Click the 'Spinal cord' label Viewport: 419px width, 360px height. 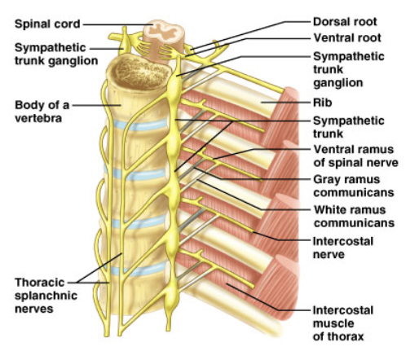[47, 24]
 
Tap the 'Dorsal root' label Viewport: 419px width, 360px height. [345, 22]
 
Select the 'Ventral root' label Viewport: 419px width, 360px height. [347, 37]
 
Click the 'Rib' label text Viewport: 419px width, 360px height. [322, 103]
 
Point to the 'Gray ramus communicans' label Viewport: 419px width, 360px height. [354, 186]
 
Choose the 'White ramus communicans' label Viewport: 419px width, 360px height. [354, 217]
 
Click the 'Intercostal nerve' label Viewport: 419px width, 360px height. [343, 248]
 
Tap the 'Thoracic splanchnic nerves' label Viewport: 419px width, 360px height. [46, 296]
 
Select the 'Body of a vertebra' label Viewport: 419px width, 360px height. [42, 112]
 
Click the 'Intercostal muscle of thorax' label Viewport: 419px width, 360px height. [343, 323]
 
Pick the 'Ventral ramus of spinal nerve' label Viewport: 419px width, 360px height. [355, 156]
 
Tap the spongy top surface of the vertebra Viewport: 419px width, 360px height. [139, 72]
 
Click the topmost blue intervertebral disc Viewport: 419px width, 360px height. [140, 125]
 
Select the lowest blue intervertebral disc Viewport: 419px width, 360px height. [136, 270]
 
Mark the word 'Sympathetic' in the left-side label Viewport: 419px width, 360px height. [51, 48]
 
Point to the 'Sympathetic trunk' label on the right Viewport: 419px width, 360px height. [349, 127]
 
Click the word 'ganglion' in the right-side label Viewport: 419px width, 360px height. [338, 82]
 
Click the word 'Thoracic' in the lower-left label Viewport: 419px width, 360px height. [40, 283]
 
